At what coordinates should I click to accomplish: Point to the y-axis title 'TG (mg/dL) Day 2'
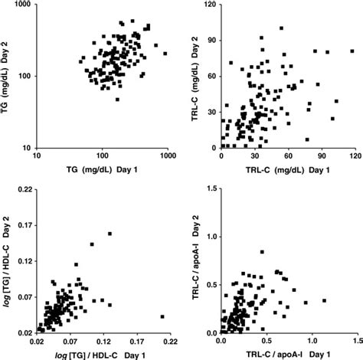click(7, 75)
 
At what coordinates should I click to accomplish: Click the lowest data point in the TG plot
click(117, 100)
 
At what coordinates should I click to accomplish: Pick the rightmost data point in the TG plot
click(165, 54)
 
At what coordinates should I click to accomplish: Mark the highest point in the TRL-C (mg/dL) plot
click(281, 28)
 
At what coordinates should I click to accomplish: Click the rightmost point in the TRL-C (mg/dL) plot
click(352, 51)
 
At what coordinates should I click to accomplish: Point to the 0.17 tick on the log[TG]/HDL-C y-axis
click(26, 224)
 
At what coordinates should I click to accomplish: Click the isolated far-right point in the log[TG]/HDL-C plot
click(162, 316)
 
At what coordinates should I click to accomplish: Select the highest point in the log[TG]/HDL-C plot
click(110, 234)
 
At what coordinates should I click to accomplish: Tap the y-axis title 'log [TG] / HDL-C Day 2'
click(7, 260)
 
